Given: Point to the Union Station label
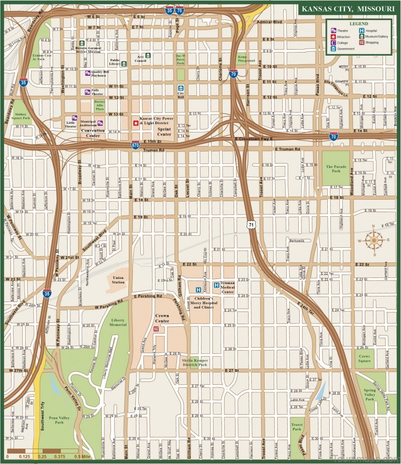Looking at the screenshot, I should (x=118, y=279).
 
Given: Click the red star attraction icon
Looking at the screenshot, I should (x=134, y=123).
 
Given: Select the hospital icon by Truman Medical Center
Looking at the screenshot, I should (x=217, y=284).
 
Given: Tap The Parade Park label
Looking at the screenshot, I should (x=334, y=169).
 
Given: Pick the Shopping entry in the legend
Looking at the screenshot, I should (x=371, y=43).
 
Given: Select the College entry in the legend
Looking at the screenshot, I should (x=343, y=43).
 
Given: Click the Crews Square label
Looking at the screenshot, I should (x=365, y=358).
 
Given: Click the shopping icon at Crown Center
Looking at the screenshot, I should (x=156, y=329).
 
